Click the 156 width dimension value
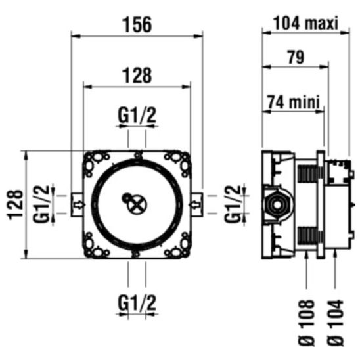coord(137,24)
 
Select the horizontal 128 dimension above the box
coord(137,75)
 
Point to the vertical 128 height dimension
coord(16,204)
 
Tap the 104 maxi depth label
coord(306,23)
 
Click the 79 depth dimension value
coord(296,56)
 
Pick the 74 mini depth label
coord(294,102)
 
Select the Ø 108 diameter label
coord(307,323)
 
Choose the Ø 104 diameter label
coord(336,323)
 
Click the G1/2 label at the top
coord(137,115)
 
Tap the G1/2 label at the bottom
coord(137,303)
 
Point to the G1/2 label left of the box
coord(41,204)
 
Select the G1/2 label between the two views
coord(233,204)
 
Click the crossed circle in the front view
coord(137,205)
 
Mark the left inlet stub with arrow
coord(77,205)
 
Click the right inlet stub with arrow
coord(196,205)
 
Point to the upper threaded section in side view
coord(307,174)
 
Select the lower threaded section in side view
coord(307,236)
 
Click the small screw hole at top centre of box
coord(137,156)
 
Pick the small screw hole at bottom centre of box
coord(136,254)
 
